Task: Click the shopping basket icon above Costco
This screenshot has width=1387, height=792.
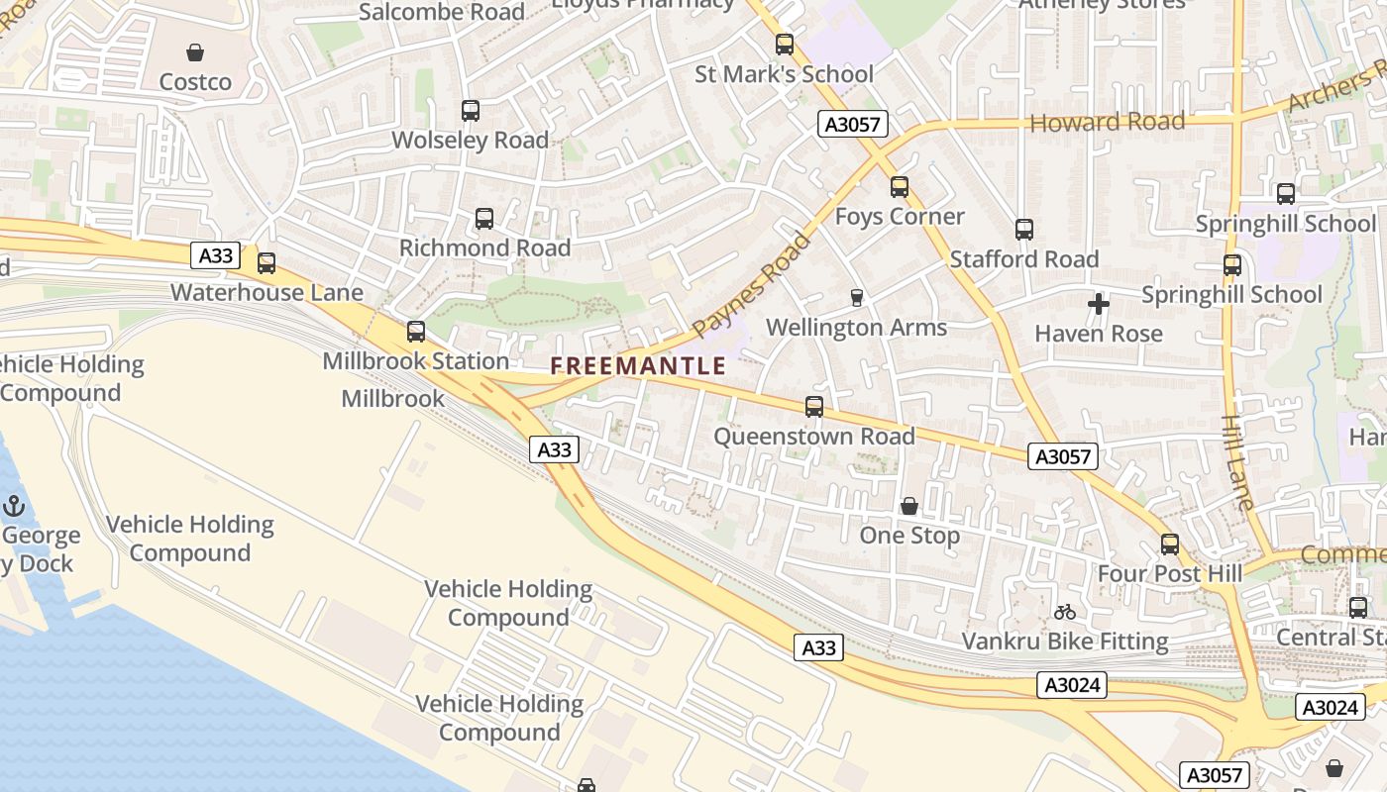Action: (195, 52)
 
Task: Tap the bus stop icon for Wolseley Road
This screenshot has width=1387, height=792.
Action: (471, 111)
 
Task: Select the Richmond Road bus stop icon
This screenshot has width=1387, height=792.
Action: (484, 219)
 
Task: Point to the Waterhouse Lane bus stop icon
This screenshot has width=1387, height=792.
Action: (267, 263)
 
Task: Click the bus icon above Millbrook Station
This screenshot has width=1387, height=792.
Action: (416, 332)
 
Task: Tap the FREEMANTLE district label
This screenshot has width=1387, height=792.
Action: (638, 366)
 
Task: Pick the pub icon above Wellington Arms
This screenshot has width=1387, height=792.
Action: (857, 298)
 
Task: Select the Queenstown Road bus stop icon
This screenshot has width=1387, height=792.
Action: (814, 407)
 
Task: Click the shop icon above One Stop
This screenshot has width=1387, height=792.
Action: (909, 507)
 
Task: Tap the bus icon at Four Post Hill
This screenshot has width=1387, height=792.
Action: (1170, 544)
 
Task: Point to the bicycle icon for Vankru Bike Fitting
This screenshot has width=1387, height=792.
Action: (1065, 612)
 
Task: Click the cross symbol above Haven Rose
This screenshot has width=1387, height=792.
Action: (1099, 304)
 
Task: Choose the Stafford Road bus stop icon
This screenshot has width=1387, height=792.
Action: (1024, 230)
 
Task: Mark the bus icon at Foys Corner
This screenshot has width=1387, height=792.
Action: (900, 187)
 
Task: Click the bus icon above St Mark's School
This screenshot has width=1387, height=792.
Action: (785, 45)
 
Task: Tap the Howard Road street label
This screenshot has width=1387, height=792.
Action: (1108, 123)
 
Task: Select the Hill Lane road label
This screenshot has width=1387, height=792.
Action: (1238, 461)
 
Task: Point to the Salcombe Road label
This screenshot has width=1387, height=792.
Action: (442, 12)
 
